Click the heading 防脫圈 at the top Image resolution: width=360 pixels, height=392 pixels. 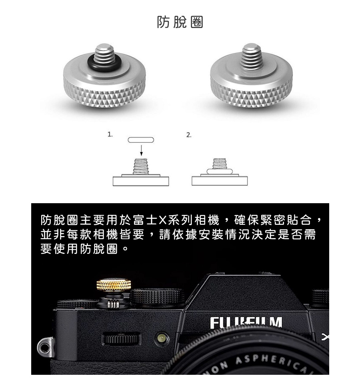[180, 22]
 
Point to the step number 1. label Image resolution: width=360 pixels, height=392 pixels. [110, 135]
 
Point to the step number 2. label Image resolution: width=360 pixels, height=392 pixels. [189, 135]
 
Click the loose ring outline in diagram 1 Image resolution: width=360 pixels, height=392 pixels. [141, 140]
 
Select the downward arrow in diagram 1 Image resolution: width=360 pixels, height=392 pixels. [141, 150]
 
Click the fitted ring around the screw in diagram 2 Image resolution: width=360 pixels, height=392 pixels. [219, 171]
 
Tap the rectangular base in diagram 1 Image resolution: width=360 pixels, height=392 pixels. [141, 181]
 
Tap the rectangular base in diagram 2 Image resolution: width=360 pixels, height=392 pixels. [219, 181]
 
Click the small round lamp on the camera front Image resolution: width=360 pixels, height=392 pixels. [162, 338]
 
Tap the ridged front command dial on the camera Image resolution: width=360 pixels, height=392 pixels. [122, 340]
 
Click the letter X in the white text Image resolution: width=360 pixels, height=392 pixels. [162, 220]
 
